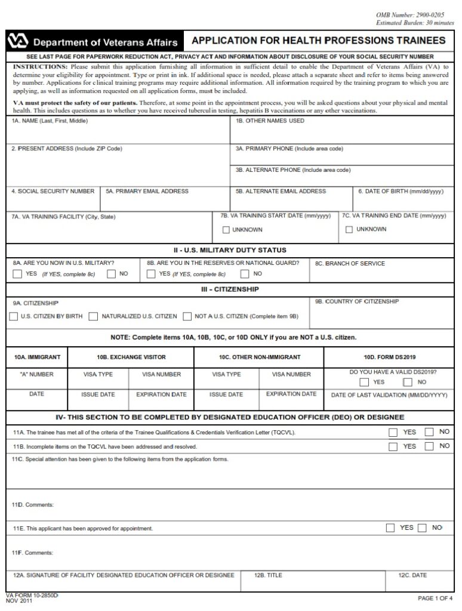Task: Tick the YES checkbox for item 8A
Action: coord(17,274)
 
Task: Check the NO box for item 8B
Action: coord(245,274)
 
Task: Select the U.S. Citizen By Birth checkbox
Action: coord(13,317)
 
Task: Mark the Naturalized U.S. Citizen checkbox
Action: coord(93,317)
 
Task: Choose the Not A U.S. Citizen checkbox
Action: coord(187,317)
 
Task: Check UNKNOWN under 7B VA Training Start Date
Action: coord(226,230)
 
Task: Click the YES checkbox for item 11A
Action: coord(393,432)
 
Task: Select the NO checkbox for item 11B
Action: coord(429,446)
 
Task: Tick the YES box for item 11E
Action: coord(390,527)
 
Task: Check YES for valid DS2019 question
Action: coord(364,382)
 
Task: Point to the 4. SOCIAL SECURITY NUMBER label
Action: coord(53,192)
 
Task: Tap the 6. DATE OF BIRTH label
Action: coord(401,192)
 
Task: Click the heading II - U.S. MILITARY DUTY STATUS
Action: coord(230,250)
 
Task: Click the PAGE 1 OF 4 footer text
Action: coord(435,598)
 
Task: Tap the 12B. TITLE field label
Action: coord(268,576)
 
